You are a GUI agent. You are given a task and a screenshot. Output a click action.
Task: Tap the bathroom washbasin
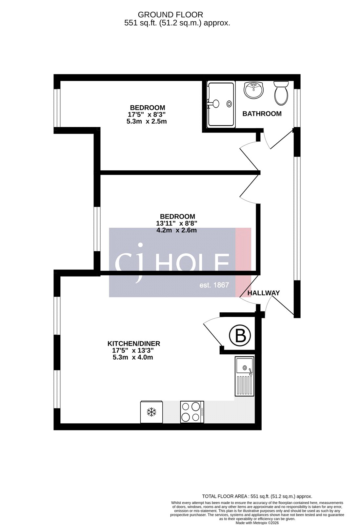click(253, 90)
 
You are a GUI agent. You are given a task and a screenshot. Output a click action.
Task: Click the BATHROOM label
click(262, 114)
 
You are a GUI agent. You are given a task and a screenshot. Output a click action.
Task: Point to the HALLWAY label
click(263, 293)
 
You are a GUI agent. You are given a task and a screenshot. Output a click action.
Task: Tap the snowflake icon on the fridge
click(151, 412)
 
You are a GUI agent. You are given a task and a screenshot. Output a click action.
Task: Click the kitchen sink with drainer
click(244, 376)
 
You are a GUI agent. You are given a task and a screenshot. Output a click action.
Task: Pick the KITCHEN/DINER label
click(134, 344)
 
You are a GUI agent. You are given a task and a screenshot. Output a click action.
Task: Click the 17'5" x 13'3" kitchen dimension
click(133, 351)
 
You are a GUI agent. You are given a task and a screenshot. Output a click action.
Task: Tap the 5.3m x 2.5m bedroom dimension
click(147, 121)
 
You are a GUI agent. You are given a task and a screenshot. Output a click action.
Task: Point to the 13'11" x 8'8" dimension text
click(176, 223)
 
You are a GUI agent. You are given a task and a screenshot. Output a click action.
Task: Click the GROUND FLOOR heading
click(170, 14)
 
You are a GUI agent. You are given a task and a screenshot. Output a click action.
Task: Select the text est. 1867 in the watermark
click(214, 285)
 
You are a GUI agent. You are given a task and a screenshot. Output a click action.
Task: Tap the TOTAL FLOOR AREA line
click(257, 497)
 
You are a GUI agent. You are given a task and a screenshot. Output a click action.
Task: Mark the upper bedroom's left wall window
click(57, 108)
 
